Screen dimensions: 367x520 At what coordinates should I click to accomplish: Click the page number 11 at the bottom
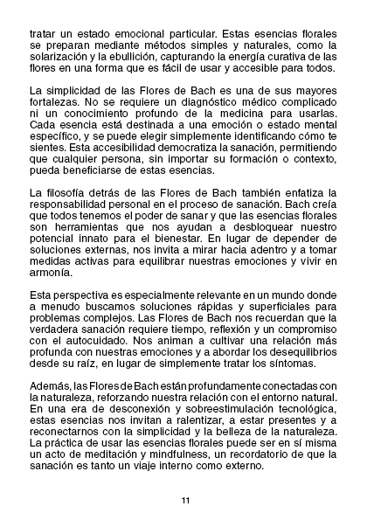tap(185, 500)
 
